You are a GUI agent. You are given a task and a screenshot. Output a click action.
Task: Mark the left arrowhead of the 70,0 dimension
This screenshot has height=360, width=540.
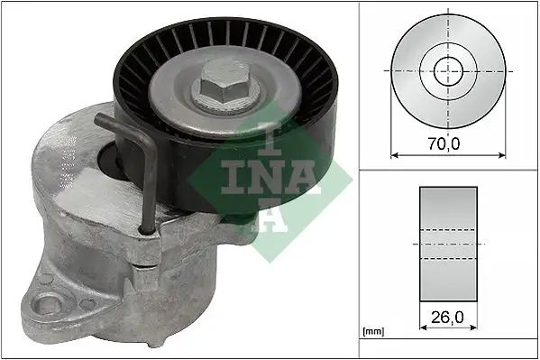(394, 153)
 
